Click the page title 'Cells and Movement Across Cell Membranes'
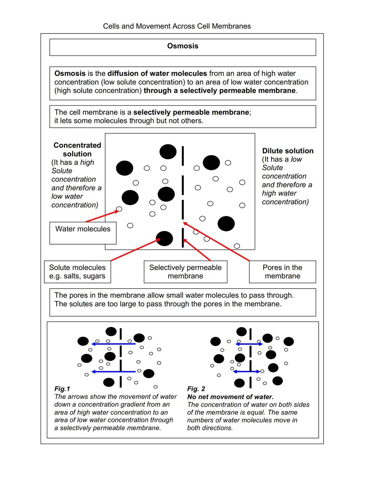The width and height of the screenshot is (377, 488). point(177,26)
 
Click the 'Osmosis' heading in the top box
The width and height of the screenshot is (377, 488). point(183,46)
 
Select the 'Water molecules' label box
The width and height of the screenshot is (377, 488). point(83,233)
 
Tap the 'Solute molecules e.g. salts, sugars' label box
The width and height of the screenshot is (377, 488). point(77,272)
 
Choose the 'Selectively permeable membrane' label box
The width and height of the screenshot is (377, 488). point(185,272)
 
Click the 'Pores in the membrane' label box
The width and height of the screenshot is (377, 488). point(282,272)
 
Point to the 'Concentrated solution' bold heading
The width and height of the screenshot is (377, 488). point(77,150)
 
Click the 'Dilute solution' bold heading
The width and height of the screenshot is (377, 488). point(288,151)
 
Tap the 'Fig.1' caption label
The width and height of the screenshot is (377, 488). point(62,389)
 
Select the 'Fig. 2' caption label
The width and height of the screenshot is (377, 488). point(196,389)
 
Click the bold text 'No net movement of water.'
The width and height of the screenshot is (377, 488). point(230,397)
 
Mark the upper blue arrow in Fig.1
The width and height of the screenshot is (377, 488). point(113,344)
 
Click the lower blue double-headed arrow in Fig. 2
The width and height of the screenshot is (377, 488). point(246,371)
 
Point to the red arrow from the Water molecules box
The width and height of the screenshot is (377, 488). point(101,216)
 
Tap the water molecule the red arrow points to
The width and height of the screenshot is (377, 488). point(119,209)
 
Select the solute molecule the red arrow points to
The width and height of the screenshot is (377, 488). point(164,239)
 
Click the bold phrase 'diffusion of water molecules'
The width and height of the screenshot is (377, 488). point(157,73)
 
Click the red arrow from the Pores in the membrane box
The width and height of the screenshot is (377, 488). point(216,241)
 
